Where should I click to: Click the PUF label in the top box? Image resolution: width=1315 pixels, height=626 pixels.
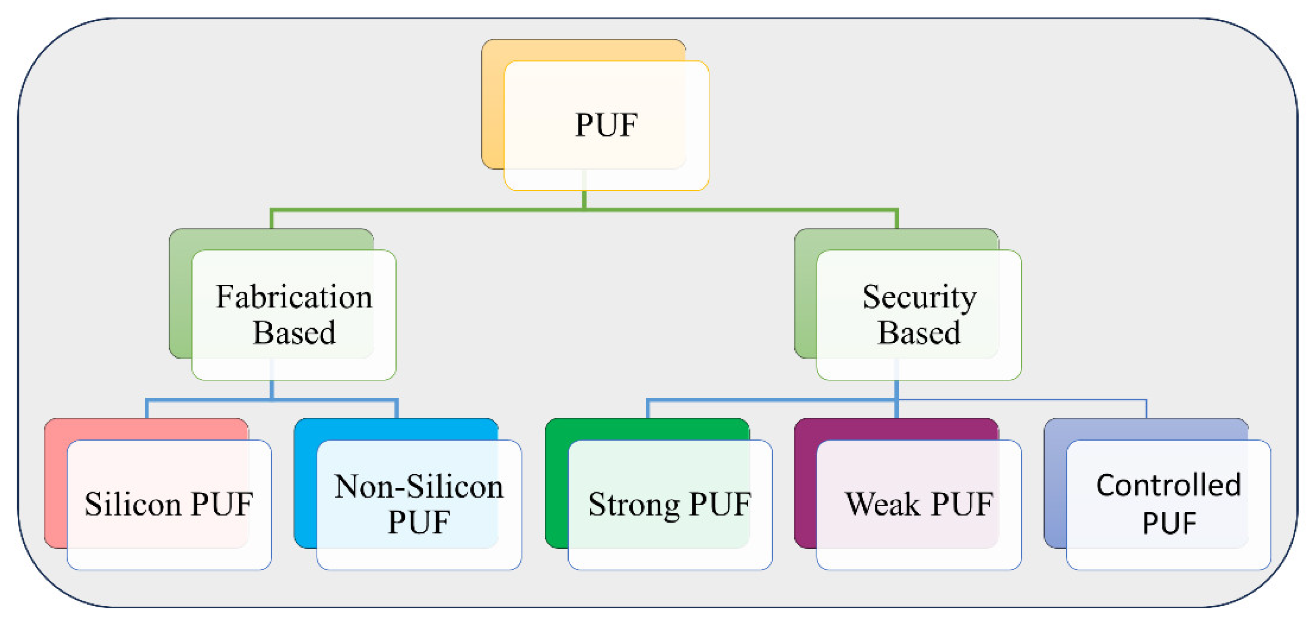click(606, 125)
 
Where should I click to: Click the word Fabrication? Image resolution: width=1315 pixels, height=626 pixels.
click(294, 297)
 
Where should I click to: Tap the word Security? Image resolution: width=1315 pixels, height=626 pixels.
click(919, 297)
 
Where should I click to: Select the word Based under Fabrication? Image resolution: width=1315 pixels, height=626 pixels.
click(294, 333)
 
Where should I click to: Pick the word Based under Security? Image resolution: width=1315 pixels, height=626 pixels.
click(919, 333)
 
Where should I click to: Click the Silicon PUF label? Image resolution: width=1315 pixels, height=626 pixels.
click(169, 505)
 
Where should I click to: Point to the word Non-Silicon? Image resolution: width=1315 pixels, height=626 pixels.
click(419, 487)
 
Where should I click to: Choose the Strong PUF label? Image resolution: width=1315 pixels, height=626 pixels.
click(669, 505)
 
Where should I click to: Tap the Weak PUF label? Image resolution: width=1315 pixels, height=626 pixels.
click(919, 505)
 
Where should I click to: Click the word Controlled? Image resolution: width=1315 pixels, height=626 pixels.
click(1169, 485)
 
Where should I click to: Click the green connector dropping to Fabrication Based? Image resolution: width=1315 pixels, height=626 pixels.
click(271, 219)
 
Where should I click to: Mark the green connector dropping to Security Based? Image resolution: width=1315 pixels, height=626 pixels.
click(896, 219)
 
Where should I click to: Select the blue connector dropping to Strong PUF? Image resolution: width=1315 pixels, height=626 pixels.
click(648, 409)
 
